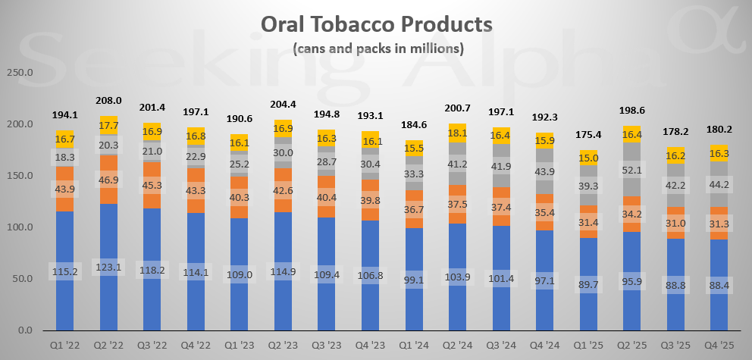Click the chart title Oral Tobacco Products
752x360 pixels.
[376, 24]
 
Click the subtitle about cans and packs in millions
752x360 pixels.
[376, 49]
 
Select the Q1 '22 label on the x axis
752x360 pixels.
[65, 346]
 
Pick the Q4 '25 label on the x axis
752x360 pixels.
[721, 346]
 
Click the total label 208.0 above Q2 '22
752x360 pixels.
[109, 100]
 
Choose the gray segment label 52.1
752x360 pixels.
[634, 171]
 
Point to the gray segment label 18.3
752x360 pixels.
[65, 155]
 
